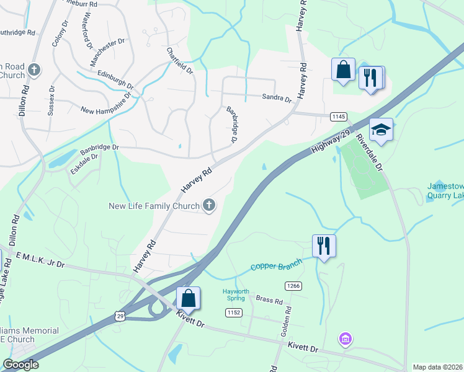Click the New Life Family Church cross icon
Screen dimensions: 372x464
[x=209, y=205]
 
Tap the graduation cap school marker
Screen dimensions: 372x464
[x=381, y=130]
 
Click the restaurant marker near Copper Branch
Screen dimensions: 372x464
[x=323, y=246]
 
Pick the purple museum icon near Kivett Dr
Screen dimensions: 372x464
[x=345, y=339]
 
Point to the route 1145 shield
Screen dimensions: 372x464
[x=338, y=117]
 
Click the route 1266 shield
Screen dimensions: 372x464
[x=293, y=286]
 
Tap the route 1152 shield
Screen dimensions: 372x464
[x=233, y=312]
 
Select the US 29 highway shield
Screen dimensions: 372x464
[x=120, y=316]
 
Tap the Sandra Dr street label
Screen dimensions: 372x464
[x=276, y=98]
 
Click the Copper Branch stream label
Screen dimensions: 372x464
[x=276, y=265]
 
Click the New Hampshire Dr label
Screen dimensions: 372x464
[x=107, y=104]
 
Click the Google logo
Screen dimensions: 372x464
[x=20, y=365]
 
